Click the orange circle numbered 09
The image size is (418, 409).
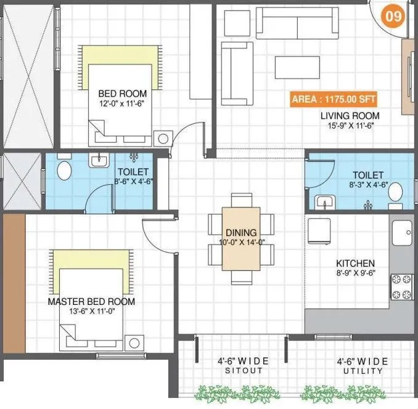[393, 17]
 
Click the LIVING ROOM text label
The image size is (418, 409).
[349, 115]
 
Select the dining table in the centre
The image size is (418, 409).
[241, 238]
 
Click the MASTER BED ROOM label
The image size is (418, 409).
[91, 302]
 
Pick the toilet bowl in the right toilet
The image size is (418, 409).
[395, 192]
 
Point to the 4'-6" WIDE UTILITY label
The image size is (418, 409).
[362, 366]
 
